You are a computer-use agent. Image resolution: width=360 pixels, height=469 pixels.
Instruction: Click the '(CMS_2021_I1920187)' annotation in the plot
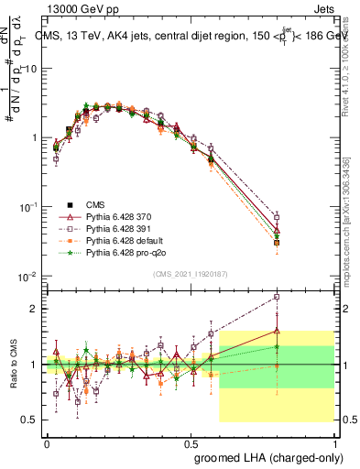coord(190,272)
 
